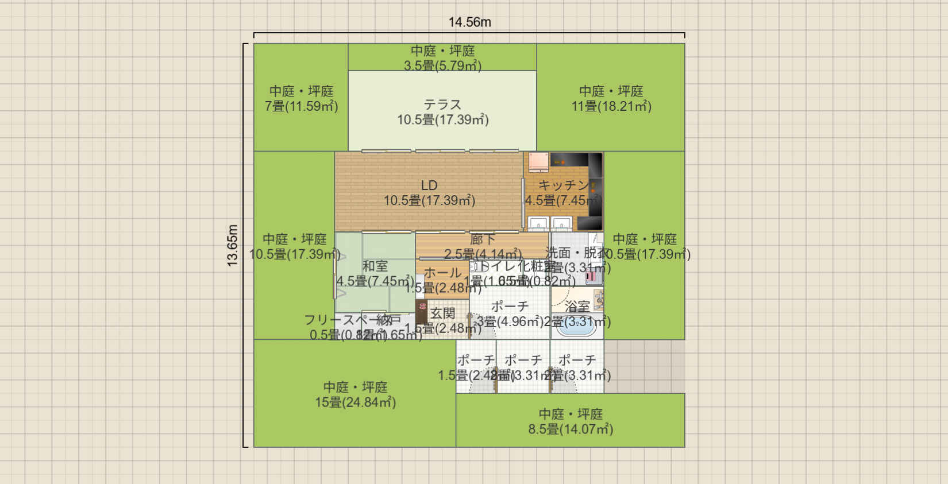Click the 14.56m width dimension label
pos(469,22)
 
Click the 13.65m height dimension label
pos(232,245)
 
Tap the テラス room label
pos(442,105)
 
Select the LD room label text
pos(429,185)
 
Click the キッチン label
pos(563,185)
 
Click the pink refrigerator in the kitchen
pos(538,162)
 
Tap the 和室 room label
pos(375,266)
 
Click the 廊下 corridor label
pos(483,239)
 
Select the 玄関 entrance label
pos(442,313)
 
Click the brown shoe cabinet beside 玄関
pos(422,313)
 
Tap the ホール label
pos(442,273)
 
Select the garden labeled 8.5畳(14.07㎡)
pos(570,421)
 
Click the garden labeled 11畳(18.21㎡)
pos(611,98)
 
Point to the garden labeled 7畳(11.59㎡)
pos(301,98)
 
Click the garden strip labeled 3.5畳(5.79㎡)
pos(442,57)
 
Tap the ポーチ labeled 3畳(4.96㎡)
pos(509,313)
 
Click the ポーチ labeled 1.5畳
pos(476,367)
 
